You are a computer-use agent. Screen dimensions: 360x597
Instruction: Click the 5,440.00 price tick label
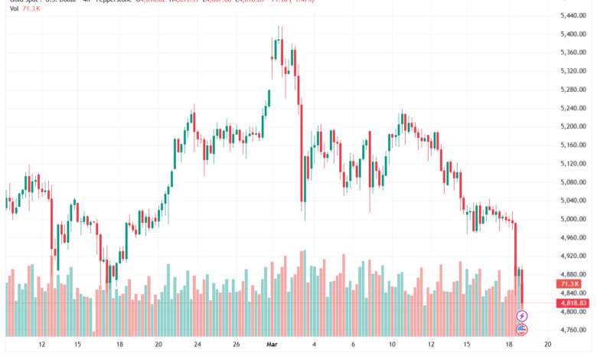tap(573, 16)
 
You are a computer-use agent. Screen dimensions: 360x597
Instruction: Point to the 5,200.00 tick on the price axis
tap(573, 126)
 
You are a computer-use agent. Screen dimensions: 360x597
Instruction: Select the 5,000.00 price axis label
tap(573, 219)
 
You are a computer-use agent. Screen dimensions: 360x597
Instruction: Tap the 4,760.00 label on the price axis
tap(573, 330)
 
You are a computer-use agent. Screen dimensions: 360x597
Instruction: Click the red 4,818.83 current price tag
tap(573, 303)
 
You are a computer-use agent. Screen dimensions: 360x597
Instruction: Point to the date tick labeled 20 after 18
tap(548, 345)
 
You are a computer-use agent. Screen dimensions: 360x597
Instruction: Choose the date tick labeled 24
tap(197, 345)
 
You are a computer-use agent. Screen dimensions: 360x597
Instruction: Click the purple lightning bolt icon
tap(523, 316)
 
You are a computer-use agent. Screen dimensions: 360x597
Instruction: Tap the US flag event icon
tap(523, 329)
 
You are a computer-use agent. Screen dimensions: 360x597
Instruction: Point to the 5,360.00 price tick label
tap(573, 53)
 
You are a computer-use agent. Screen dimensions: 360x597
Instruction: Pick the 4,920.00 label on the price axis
tap(573, 256)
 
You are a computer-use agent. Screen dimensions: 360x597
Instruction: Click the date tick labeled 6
tap(352, 345)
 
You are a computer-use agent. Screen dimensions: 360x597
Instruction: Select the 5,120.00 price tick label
tap(573, 164)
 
